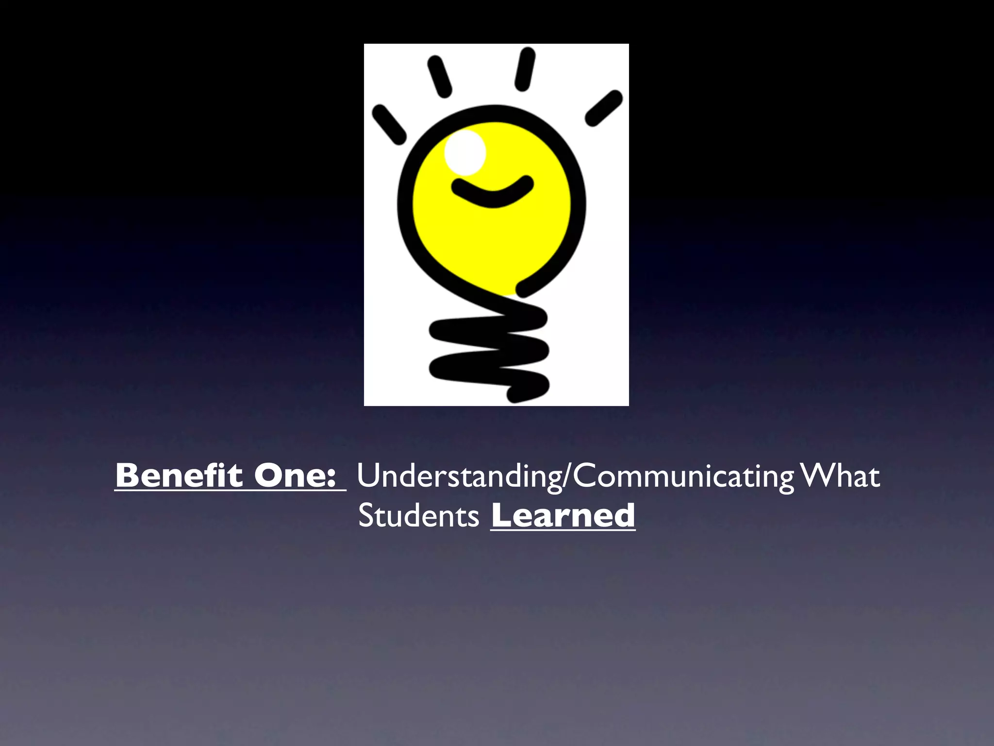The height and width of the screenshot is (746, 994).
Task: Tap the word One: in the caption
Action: point(295,475)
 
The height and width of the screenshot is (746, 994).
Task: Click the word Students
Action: point(418,515)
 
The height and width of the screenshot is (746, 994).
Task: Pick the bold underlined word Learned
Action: point(563,515)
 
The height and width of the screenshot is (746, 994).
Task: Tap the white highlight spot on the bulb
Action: point(465,153)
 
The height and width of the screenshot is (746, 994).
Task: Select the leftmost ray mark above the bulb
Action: point(389,125)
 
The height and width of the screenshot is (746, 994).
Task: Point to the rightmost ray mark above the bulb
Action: point(604,108)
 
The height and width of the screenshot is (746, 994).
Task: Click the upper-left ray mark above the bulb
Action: point(439,76)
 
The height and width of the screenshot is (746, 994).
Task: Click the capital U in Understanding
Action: point(368,475)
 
